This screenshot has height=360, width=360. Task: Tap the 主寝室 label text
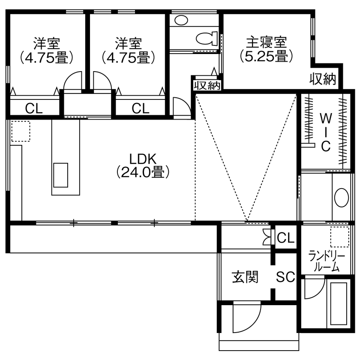[266, 42]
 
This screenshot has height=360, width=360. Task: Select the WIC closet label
[326, 132]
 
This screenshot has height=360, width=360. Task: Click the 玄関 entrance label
[245, 277]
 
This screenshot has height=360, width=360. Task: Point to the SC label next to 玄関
[285, 278]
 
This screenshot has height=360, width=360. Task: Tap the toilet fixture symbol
[207, 38]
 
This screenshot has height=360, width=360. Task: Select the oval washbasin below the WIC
[342, 199]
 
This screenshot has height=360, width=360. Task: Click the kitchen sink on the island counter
[60, 175]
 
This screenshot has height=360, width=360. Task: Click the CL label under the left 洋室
[34, 108]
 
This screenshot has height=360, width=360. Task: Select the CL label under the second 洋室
[140, 108]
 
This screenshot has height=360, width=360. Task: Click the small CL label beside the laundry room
[286, 237]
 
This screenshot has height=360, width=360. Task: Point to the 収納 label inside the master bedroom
[324, 79]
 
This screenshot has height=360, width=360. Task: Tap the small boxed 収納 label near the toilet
[207, 85]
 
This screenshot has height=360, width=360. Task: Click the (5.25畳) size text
[266, 56]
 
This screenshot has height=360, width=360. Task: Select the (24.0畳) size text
[143, 172]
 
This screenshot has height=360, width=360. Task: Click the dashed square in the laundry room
[340, 237]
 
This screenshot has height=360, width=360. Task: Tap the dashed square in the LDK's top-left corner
[20, 131]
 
